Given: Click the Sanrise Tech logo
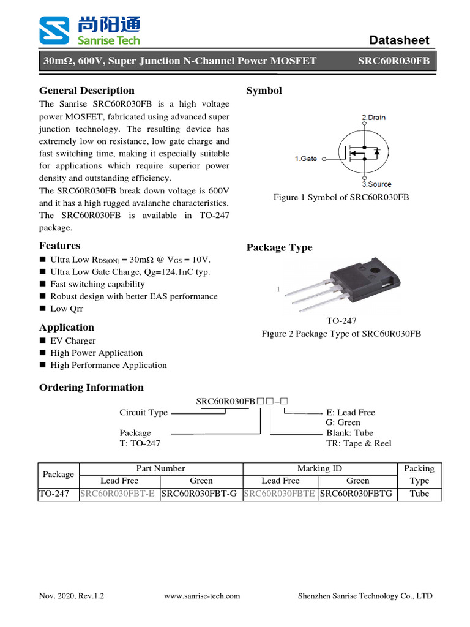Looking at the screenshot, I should pyautogui.click(x=89, y=31).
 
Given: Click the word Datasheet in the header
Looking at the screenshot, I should pyautogui.click(x=400, y=40).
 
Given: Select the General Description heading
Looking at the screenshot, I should pyautogui.click(x=87, y=91).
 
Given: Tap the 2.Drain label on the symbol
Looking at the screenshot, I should pyautogui.click(x=374, y=117).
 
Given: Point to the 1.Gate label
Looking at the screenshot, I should pyautogui.click(x=305, y=159).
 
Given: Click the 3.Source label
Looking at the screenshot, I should pyautogui.click(x=376, y=184).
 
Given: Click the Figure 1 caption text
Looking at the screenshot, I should pyautogui.click(x=341, y=197).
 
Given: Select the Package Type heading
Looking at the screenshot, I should pyautogui.click(x=279, y=247).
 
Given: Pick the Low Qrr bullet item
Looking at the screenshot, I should pyautogui.click(x=67, y=309).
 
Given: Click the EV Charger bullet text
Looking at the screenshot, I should pyautogui.click(x=73, y=340).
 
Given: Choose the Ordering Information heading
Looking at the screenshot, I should pyautogui.click(x=91, y=387).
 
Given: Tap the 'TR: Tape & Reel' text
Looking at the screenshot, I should pyautogui.click(x=359, y=443).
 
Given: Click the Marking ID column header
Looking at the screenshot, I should pyautogui.click(x=319, y=468).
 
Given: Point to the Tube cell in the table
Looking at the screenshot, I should pyautogui.click(x=419, y=494).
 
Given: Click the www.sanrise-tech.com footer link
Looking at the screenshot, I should pyautogui.click(x=203, y=595).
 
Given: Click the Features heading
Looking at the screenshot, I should pyautogui.click(x=59, y=246).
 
